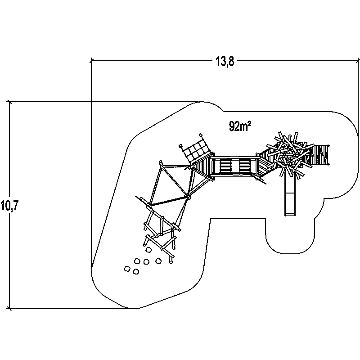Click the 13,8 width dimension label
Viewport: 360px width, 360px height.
point(224,62)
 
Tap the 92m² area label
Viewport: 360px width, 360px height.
point(240,126)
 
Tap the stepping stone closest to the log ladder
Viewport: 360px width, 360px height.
point(148,250)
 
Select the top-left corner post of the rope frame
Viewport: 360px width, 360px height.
point(160,162)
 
